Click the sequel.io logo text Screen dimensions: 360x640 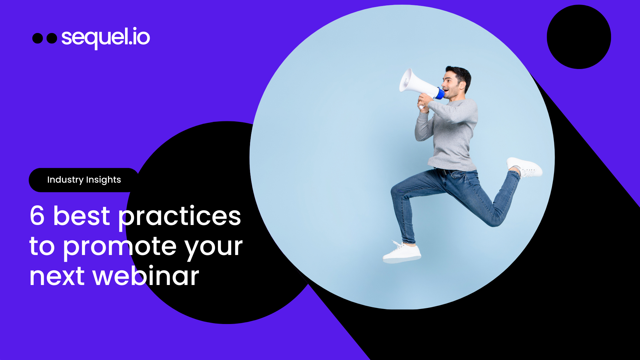(x=106, y=37)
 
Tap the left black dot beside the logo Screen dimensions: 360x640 (x=38, y=38)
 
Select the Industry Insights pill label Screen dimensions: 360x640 (x=84, y=180)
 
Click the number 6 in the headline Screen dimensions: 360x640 (x=37, y=216)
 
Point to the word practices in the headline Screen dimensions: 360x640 (x=180, y=217)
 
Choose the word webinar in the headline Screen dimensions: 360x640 (x=146, y=276)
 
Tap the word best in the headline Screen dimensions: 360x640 (x=82, y=216)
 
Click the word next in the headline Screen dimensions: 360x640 (x=57, y=277)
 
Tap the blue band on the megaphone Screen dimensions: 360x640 (x=440, y=93)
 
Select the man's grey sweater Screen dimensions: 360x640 (x=453, y=133)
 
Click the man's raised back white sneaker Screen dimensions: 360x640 (x=525, y=167)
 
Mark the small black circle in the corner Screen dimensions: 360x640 (x=579, y=37)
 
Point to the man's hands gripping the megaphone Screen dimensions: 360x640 (x=424, y=102)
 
